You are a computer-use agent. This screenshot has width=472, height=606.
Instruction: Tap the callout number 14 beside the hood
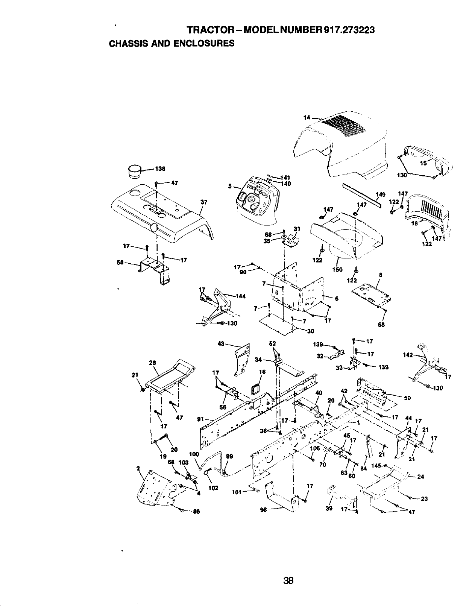(x=307, y=117)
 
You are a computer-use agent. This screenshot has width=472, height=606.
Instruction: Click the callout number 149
(x=380, y=194)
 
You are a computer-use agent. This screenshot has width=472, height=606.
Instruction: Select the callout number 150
(x=337, y=270)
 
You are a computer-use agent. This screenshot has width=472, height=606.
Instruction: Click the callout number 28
(x=152, y=363)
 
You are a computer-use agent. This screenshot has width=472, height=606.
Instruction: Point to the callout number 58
(x=120, y=263)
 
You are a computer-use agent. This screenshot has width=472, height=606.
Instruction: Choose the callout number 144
(x=240, y=296)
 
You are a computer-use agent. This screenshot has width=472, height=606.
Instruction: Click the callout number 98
(x=264, y=510)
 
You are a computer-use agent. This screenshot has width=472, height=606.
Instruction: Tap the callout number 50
(x=407, y=398)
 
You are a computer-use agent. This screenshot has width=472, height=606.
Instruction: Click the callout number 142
(x=408, y=355)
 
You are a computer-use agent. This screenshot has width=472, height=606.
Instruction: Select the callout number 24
(x=420, y=477)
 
